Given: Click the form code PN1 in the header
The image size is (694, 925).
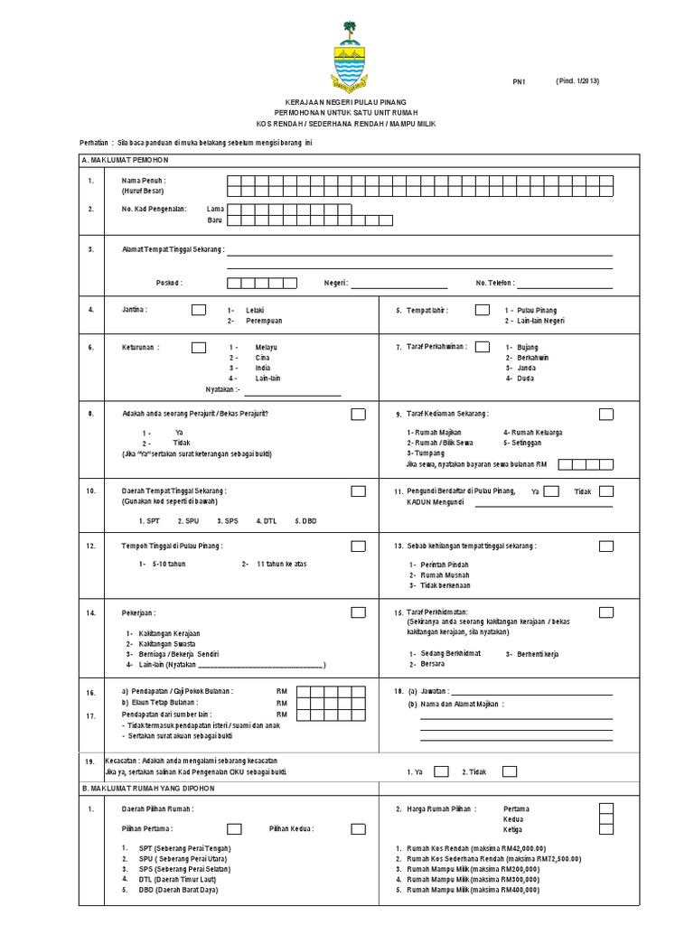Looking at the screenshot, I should tap(519, 82).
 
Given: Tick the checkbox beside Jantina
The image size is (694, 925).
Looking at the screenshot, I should tap(198, 310).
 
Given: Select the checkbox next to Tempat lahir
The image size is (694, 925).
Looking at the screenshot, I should tap(481, 310).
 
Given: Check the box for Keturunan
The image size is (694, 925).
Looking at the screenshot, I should tap(198, 347).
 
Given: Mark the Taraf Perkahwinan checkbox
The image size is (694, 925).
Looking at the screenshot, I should tap(483, 347).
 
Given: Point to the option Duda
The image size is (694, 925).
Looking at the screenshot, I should tap(525, 379).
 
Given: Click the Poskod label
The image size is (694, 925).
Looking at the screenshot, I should tap(169, 283).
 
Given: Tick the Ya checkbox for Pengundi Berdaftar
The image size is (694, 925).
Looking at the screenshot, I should tap(552, 491).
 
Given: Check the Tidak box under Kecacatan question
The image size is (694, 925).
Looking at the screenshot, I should tap(510, 771).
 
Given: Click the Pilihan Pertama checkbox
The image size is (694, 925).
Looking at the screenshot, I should tap(234, 828).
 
